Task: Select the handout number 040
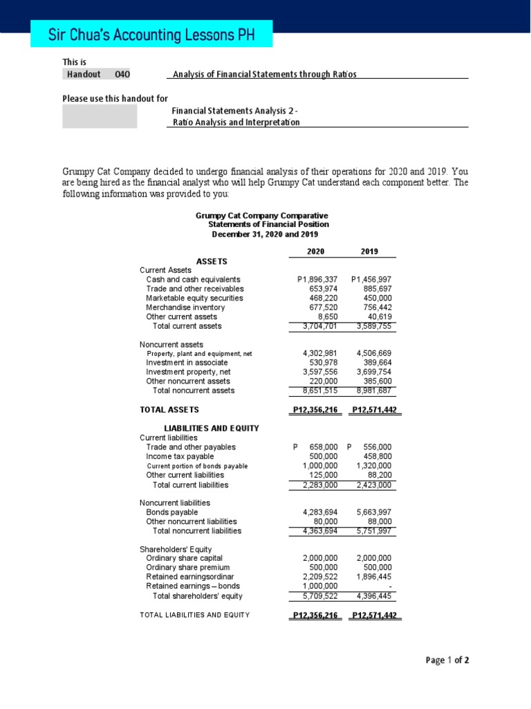[x=122, y=74]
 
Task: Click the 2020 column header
[x=315, y=251]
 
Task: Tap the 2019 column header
[x=369, y=251]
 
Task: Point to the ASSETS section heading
[x=212, y=261]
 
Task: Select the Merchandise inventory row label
[x=185, y=307]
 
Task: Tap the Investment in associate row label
[x=187, y=363]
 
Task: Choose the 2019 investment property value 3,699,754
[x=374, y=372]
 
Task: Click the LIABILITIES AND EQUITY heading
[x=211, y=428]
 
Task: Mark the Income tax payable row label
[x=180, y=456]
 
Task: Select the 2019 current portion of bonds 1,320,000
[x=374, y=466]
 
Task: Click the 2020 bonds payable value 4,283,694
[x=320, y=512]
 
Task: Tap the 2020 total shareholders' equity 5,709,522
[x=320, y=595]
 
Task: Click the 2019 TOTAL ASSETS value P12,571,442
[x=374, y=410]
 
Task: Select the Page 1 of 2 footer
[x=447, y=660]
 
